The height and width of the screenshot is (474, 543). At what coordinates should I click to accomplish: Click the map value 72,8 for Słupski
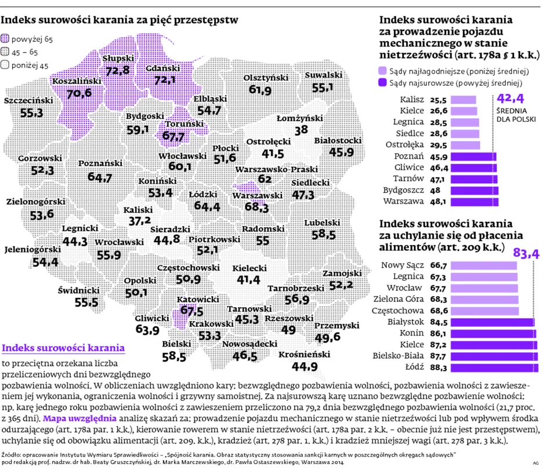click(x=118, y=71)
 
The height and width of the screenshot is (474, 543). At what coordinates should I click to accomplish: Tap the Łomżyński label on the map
click(x=300, y=118)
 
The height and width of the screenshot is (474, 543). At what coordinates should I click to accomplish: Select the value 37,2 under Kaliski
click(x=140, y=221)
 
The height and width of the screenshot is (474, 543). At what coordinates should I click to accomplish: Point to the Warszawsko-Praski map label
click(x=276, y=170)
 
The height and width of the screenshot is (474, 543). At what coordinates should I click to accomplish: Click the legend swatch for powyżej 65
click(x=5, y=38)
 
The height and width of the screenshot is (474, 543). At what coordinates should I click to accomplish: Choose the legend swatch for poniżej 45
click(x=5, y=65)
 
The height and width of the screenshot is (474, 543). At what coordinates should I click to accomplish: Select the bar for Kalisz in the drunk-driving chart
click(x=464, y=100)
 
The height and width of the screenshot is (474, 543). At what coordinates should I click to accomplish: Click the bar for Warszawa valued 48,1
click(x=475, y=202)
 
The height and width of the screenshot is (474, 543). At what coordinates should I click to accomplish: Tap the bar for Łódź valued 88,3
click(x=494, y=367)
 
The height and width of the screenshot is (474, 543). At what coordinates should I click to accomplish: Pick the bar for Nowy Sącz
click(x=484, y=265)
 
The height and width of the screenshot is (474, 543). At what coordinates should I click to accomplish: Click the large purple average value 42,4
click(x=510, y=99)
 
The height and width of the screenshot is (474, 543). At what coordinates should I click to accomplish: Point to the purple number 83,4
click(x=526, y=254)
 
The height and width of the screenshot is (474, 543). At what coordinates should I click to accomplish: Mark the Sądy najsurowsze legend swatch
click(x=382, y=83)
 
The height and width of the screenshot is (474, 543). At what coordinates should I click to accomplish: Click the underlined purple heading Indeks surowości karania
click(x=63, y=348)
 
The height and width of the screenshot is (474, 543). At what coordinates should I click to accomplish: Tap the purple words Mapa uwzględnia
click(x=79, y=418)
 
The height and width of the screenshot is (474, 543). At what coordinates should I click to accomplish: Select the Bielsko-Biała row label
click(x=398, y=356)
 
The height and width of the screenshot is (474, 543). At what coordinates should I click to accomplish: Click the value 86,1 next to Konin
click(x=439, y=334)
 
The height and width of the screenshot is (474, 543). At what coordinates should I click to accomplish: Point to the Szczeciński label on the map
click(x=28, y=101)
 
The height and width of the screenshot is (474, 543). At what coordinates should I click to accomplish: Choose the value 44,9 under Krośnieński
click(x=305, y=366)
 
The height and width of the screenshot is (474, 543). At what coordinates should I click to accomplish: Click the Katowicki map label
click(x=198, y=299)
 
